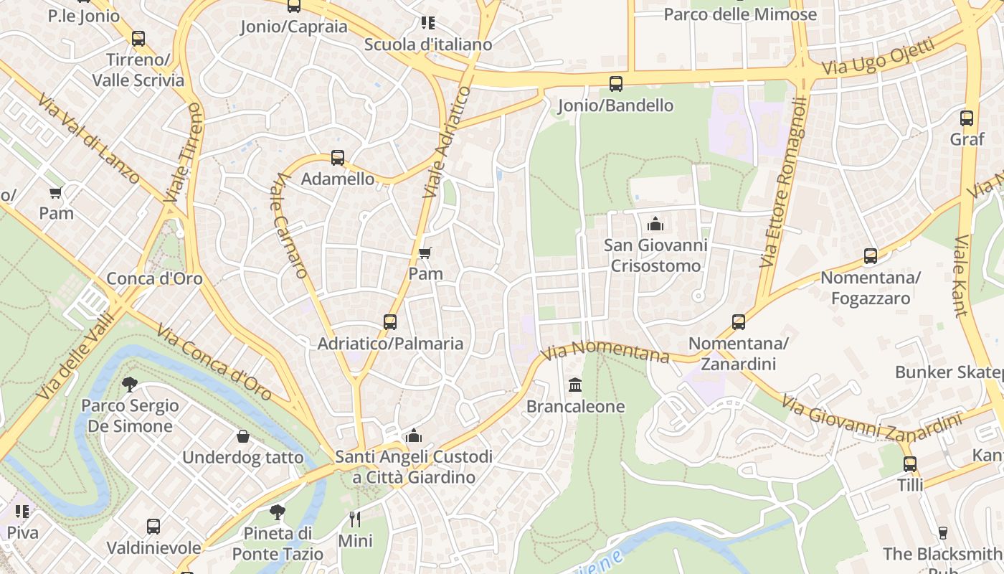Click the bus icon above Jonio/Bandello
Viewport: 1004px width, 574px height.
[x=615, y=84]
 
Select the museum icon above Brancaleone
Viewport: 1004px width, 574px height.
[x=575, y=386]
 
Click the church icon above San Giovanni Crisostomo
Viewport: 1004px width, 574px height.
[x=655, y=224]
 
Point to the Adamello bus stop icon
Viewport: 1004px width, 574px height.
[x=337, y=158]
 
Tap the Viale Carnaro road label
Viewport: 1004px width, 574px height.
[x=290, y=225]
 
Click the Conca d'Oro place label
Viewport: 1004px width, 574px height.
[x=154, y=278]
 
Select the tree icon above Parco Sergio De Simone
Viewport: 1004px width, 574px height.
[x=129, y=385]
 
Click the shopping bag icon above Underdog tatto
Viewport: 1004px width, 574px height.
[x=243, y=436]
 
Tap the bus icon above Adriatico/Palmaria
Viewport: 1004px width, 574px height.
[x=389, y=322]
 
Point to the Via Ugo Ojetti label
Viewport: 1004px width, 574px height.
[x=878, y=57]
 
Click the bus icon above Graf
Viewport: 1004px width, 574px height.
[x=966, y=118]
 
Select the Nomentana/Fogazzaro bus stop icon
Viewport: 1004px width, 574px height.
[x=870, y=256]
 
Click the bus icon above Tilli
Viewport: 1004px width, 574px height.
[x=909, y=464]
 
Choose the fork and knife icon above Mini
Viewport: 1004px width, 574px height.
[x=354, y=519]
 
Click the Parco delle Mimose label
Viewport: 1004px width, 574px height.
[x=740, y=14]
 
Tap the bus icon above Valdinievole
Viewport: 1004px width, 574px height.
[x=153, y=527]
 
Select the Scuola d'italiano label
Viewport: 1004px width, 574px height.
[x=428, y=44]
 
